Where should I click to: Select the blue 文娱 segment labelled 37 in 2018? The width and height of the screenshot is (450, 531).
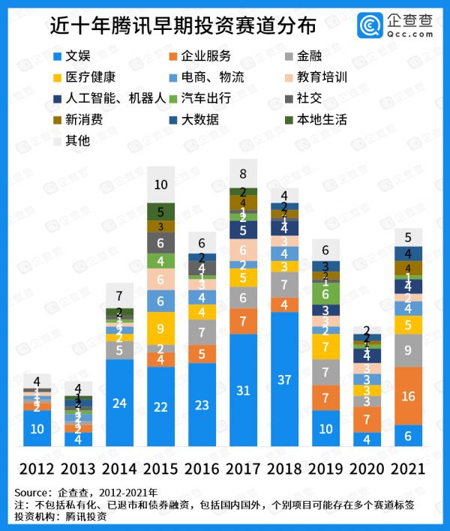(284, 379)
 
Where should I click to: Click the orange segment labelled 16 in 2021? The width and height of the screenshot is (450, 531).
(408, 395)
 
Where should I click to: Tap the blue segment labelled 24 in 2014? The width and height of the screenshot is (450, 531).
(120, 403)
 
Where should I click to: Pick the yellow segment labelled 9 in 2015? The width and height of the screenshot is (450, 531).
(160, 328)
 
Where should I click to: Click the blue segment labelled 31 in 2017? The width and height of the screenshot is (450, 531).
(243, 391)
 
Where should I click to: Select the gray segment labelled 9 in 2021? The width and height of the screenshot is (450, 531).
(408, 350)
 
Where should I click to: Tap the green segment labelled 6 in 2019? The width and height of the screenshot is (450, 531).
(325, 294)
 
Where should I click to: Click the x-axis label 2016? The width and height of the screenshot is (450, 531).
(202, 469)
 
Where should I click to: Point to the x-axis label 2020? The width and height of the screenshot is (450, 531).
(367, 469)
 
